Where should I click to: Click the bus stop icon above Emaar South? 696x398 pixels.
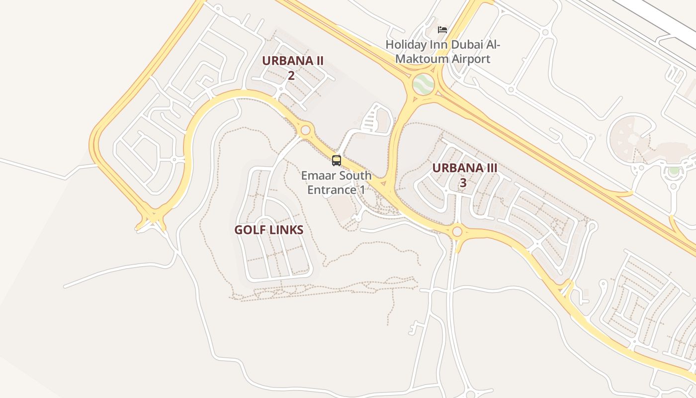[x=337, y=161]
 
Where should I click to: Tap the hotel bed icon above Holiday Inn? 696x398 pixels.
[x=442, y=30]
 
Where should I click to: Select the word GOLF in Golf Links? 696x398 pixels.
[x=248, y=230]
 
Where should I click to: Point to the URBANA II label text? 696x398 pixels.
[x=293, y=61]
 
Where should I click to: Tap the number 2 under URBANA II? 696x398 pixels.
[x=291, y=76]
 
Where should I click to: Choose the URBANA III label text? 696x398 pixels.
[x=464, y=168]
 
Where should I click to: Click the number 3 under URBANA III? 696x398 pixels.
[x=463, y=183]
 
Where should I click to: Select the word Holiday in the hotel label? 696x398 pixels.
[x=406, y=45]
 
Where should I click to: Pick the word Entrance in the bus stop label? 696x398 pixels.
[x=329, y=190]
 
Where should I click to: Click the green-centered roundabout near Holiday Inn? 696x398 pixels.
[x=423, y=84]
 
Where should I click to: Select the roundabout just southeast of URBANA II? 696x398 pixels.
[x=306, y=130]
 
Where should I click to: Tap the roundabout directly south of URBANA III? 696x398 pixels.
[x=457, y=231]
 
